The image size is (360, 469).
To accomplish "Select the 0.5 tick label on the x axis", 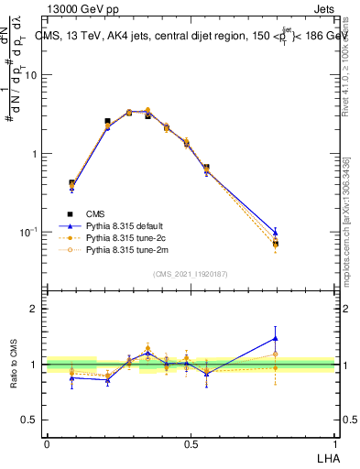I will pyautogui.click(x=191, y=444).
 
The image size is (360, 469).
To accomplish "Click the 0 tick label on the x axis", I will pyautogui.click(x=47, y=444).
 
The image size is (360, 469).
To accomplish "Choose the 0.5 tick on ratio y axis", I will pyautogui.click(x=31, y=420).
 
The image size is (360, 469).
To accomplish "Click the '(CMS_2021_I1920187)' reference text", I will pyautogui.click(x=191, y=273).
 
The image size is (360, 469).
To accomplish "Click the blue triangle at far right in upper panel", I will pyautogui.click(x=275, y=232).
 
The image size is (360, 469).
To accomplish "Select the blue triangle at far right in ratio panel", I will pyautogui.click(x=275, y=338).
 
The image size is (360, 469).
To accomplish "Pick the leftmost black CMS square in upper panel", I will pyautogui.click(x=72, y=183).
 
